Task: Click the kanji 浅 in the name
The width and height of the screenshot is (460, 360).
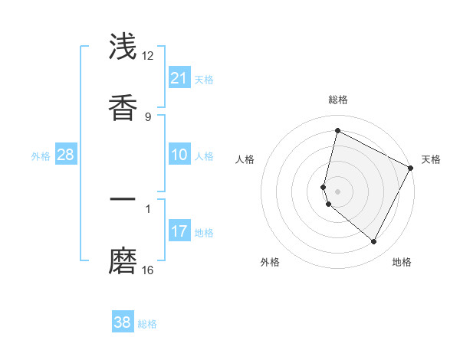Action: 123,47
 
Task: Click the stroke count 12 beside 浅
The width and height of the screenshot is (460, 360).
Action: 148,56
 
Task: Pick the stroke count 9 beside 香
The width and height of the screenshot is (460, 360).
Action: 148,116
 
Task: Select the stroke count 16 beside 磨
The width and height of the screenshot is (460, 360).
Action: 148,270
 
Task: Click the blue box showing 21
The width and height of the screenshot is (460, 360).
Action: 179,78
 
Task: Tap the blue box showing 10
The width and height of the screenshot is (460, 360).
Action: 179,155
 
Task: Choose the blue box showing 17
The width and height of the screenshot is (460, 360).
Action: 179,231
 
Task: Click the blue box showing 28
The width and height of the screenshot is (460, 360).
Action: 66,155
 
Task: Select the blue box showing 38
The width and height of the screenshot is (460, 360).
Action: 123,322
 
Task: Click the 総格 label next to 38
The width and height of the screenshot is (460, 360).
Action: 147,324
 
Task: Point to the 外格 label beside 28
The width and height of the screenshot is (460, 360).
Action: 41,156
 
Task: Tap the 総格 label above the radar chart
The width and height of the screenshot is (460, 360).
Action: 337,100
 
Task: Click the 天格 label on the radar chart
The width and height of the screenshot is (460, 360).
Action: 431,159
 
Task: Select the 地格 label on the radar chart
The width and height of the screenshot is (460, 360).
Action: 402,262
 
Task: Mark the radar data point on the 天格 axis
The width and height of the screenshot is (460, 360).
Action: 411,168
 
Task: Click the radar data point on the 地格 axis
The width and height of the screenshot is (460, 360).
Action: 373,241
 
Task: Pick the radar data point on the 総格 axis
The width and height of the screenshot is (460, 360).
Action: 337,130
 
